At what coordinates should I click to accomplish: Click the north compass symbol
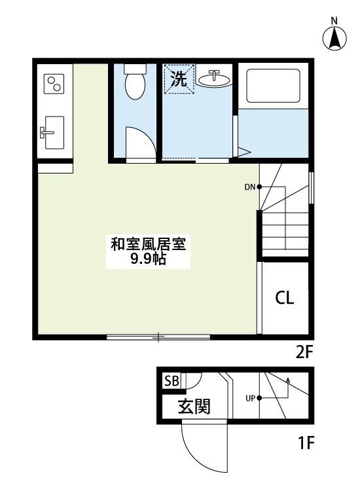point(334,38)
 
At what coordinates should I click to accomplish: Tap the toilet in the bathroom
point(135,83)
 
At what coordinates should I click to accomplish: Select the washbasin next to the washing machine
point(213,80)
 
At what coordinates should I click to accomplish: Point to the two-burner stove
point(54,84)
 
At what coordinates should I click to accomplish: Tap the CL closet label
point(284,298)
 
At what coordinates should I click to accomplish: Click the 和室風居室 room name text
point(149,245)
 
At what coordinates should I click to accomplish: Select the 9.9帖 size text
point(148,260)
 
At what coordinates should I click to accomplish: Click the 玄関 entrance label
point(194,407)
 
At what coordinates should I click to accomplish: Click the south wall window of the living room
point(158,338)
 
